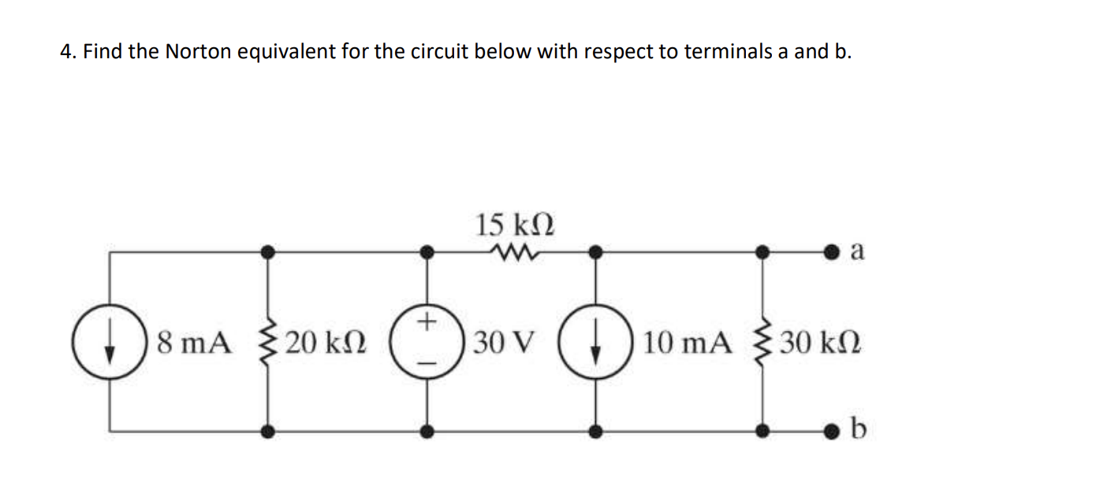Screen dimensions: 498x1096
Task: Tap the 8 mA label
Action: pyautogui.click(x=194, y=343)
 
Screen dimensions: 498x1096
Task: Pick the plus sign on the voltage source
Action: pyautogui.click(x=427, y=321)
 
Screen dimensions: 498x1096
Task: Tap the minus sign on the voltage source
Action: pyautogui.click(x=427, y=362)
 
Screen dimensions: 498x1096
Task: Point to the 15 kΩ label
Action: pyautogui.click(x=514, y=225)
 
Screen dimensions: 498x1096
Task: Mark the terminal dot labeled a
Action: pyautogui.click(x=830, y=252)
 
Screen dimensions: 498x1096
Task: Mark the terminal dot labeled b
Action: pyautogui.click(x=830, y=431)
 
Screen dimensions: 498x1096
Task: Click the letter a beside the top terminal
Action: pyautogui.click(x=859, y=251)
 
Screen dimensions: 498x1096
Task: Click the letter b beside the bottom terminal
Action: pyautogui.click(x=859, y=429)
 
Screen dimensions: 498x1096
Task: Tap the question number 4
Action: pyautogui.click(x=66, y=52)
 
